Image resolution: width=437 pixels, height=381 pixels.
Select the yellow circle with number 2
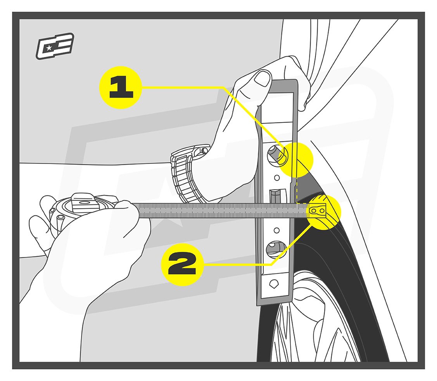click(x=182, y=265)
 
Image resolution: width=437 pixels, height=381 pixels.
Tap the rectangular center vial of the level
click(x=276, y=196)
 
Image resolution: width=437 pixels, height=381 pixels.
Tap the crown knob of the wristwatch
click(x=204, y=150)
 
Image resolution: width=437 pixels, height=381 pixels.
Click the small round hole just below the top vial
click(x=277, y=178)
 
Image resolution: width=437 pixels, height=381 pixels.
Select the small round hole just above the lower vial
click(x=276, y=230)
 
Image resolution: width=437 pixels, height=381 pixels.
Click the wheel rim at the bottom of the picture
click(x=310, y=326)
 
